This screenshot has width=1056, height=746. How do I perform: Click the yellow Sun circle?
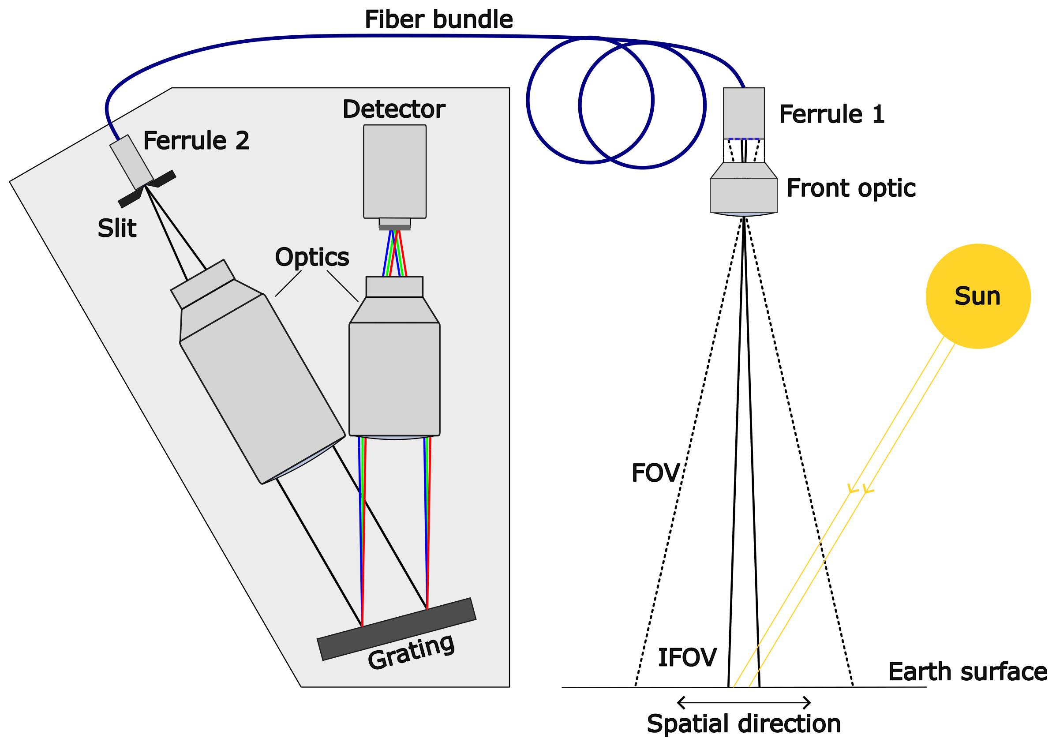pos(978,296)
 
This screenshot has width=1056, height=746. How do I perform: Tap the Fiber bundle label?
pos(438,20)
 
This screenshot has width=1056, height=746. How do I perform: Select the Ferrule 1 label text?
pos(831,114)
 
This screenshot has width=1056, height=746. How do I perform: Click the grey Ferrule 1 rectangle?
pos(744,112)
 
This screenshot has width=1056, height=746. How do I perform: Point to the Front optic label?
pos(851,188)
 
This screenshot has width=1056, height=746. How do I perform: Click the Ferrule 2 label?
pos(196,140)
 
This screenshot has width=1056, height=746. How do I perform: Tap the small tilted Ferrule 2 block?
pos(131,162)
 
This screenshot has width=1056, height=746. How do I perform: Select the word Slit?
pos(117,228)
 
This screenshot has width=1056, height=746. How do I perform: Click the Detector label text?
pos(394,109)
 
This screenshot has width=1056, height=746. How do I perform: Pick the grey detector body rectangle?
pos(395,171)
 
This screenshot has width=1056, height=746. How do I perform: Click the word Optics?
pos(312,257)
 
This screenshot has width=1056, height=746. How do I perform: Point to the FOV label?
pos(655,473)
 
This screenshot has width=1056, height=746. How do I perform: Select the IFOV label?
pos(687,657)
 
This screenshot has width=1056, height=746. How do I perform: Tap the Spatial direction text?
pos(744,724)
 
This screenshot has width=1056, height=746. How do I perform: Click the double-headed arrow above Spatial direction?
pos(744,702)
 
